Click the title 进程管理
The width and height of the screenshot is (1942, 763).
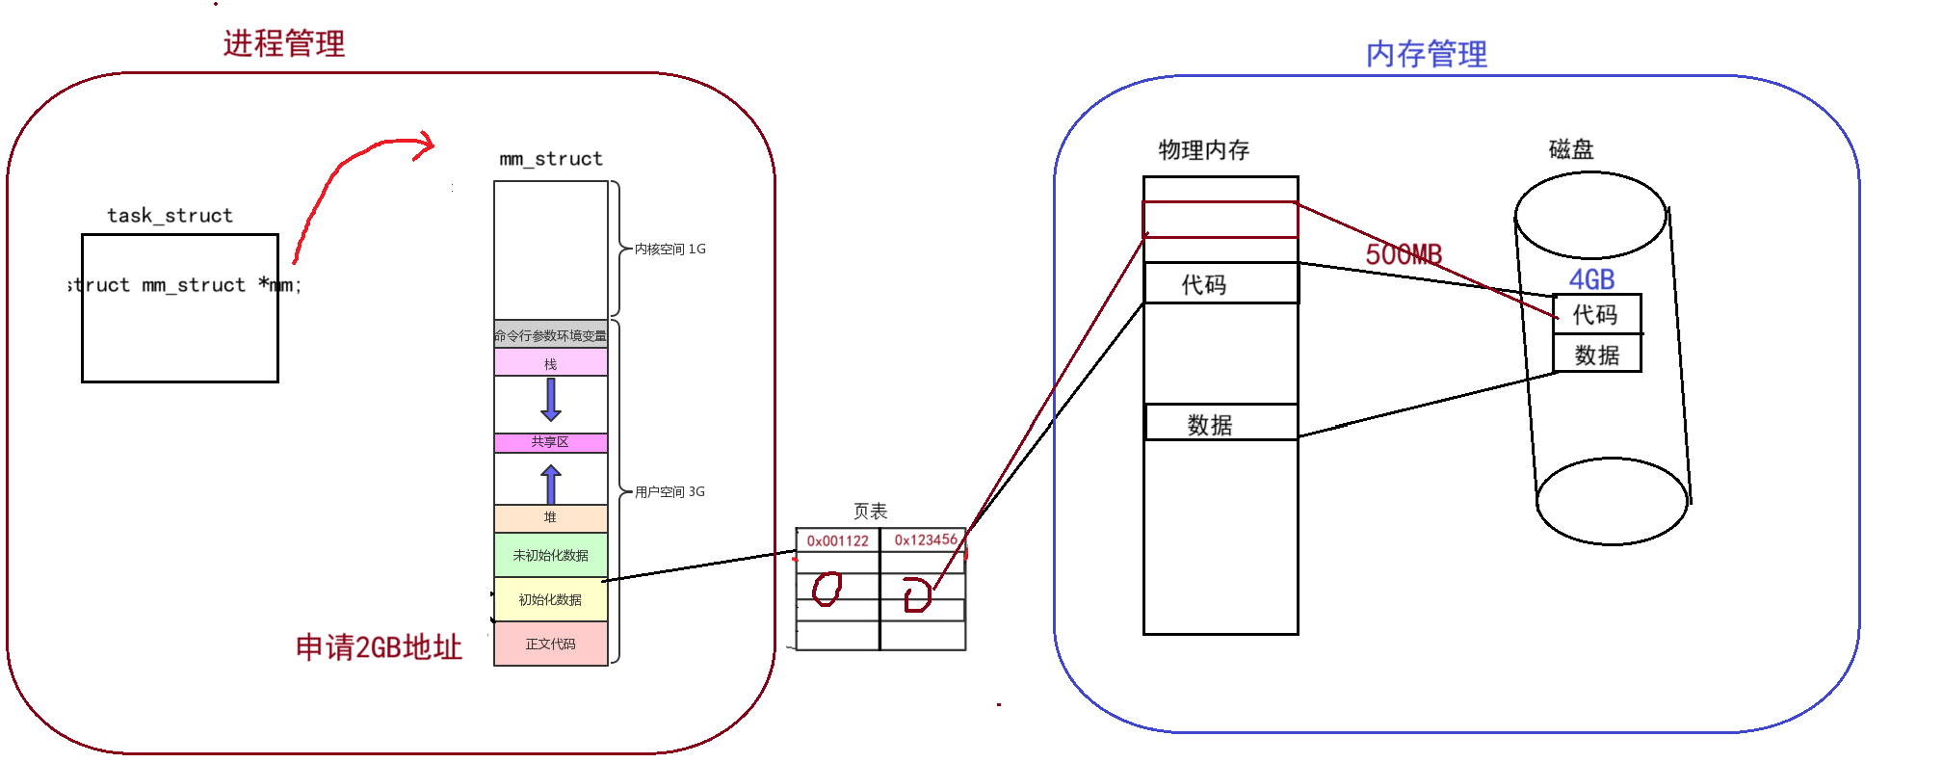point(284,43)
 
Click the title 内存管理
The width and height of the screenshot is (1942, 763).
point(1426,54)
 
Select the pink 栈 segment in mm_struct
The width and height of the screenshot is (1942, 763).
point(550,363)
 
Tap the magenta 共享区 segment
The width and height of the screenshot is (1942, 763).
point(550,442)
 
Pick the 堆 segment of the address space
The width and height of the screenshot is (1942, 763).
point(550,518)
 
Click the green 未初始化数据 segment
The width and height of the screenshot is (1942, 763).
point(550,555)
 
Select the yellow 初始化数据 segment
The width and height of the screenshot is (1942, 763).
point(550,599)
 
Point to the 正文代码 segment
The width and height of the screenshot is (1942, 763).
point(550,644)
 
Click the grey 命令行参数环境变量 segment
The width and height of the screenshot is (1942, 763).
point(550,334)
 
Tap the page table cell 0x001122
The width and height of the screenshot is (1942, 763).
point(837,540)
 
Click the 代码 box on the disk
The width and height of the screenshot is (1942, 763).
point(1595,314)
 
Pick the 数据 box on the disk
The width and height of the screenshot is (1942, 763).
point(1596,355)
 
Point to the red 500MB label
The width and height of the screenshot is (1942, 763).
point(1403,254)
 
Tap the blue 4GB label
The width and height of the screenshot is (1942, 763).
point(1591,279)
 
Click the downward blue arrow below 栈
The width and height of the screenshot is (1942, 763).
point(551,400)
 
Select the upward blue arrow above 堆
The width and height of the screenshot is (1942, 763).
point(551,484)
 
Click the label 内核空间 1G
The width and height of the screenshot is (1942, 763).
point(669,249)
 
